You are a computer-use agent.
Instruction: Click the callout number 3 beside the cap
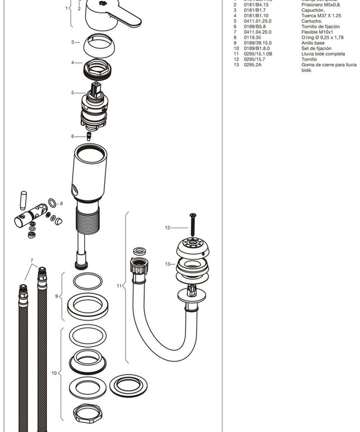(73, 42)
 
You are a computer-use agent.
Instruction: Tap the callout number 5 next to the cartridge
(73, 93)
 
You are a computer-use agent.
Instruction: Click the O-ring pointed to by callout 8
(52, 203)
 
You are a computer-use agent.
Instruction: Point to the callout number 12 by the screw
(167, 228)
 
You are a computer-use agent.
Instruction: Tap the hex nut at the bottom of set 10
(89, 414)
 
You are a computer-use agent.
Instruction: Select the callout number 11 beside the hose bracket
(119, 286)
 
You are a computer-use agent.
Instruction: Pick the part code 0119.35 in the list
(252, 37)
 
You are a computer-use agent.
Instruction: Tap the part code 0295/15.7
(255, 59)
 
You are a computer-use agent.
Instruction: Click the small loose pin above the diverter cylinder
(23, 200)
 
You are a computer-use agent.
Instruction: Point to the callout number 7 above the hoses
(32, 261)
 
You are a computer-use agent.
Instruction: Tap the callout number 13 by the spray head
(167, 264)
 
